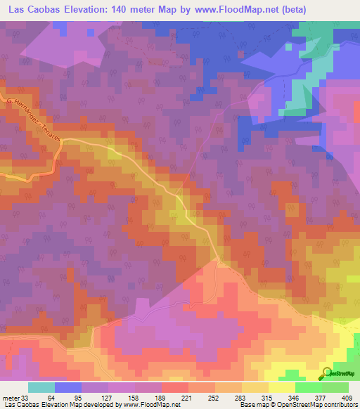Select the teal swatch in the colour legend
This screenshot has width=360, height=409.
41,387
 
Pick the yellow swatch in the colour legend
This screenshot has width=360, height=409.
281,387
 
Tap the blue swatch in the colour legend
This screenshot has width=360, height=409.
68,387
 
